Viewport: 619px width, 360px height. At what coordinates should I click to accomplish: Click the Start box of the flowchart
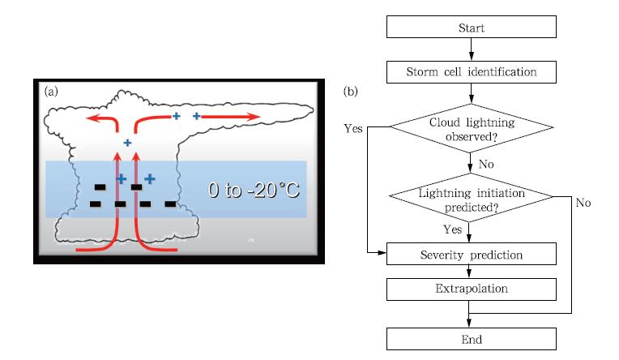pyautogui.click(x=471, y=28)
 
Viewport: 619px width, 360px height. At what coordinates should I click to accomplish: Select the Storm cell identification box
pyautogui.click(x=471, y=72)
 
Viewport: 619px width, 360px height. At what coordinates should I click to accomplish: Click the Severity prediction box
pyautogui.click(x=471, y=254)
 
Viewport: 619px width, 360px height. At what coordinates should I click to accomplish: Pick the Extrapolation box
pyautogui.click(x=471, y=288)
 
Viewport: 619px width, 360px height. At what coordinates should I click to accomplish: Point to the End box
pyautogui.click(x=471, y=338)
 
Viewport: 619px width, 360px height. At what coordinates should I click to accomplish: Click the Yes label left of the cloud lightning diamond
pyautogui.click(x=353, y=128)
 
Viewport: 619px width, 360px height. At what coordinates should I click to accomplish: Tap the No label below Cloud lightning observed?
pyautogui.click(x=487, y=164)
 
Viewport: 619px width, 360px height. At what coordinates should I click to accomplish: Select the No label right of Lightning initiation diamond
pyautogui.click(x=583, y=202)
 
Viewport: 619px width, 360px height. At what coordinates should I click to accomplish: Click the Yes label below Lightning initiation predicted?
pyautogui.click(x=452, y=229)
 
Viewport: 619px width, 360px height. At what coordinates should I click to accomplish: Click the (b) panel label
pyautogui.click(x=352, y=92)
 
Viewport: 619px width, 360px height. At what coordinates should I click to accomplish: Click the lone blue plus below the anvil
pyautogui.click(x=127, y=143)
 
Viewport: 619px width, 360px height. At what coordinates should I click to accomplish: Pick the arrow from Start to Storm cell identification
pyautogui.click(x=471, y=49)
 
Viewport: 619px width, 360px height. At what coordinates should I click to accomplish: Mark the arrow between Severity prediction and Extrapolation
pyautogui.click(x=471, y=271)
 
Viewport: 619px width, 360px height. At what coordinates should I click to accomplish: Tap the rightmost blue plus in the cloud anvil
pyautogui.click(x=196, y=117)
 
